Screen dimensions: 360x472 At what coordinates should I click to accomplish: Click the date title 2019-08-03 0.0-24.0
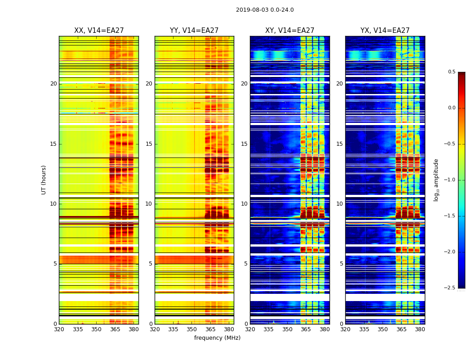pyautogui.click(x=265, y=10)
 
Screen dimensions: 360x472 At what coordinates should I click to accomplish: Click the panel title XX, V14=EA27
pyautogui.click(x=99, y=31)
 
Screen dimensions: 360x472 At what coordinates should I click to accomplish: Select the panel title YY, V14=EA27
pyautogui.click(x=194, y=31)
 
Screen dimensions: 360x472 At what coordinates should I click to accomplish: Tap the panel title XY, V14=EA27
pyautogui.click(x=289, y=31)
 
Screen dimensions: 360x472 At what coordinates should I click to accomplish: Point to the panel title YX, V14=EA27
pyautogui.click(x=385, y=31)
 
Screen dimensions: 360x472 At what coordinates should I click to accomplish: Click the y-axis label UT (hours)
pyautogui.click(x=44, y=180)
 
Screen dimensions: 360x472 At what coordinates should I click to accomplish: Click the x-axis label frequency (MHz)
pyautogui.click(x=217, y=338)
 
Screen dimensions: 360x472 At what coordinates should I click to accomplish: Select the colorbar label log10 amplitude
pyautogui.click(x=436, y=180)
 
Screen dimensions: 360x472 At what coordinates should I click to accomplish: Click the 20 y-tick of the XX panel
pyautogui.click(x=53, y=84)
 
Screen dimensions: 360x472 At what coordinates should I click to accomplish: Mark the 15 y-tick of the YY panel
pyautogui.click(x=149, y=144)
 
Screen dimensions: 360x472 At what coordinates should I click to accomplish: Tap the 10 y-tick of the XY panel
pyautogui.click(x=244, y=204)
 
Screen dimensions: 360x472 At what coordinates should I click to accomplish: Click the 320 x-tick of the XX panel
pyautogui.click(x=59, y=329)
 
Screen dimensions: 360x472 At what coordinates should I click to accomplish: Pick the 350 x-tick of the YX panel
pyautogui.click(x=383, y=329)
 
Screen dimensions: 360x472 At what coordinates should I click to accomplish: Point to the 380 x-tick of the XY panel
pyautogui.click(x=325, y=329)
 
